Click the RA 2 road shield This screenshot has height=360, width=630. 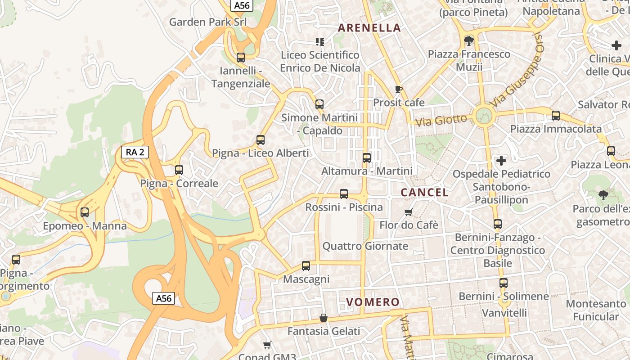[135, 152]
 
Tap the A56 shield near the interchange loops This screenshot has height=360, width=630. [163, 298]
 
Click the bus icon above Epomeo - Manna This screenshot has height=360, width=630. [85, 212]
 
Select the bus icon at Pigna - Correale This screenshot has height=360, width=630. [179, 170]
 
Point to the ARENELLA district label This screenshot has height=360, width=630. [369, 28]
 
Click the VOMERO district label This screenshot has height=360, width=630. [373, 302]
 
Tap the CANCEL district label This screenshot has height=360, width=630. [424, 193]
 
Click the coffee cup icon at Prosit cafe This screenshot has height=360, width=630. [398, 89]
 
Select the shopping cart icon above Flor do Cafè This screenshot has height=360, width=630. [409, 212]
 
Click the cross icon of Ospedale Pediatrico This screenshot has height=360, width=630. [501, 160]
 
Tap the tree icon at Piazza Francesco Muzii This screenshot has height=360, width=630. [469, 41]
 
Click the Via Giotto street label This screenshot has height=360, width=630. [441, 120]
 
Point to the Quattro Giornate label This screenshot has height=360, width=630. [365, 246]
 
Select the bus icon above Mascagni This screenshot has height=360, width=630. [306, 266]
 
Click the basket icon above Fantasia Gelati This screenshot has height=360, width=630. [323, 318]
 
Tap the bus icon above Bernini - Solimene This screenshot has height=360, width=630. [504, 283]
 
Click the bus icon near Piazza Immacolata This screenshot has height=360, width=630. [556, 116]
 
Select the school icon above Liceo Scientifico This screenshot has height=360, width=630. [320, 42]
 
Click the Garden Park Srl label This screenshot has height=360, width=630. [208, 22]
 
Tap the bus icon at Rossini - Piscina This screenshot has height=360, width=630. [344, 194]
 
